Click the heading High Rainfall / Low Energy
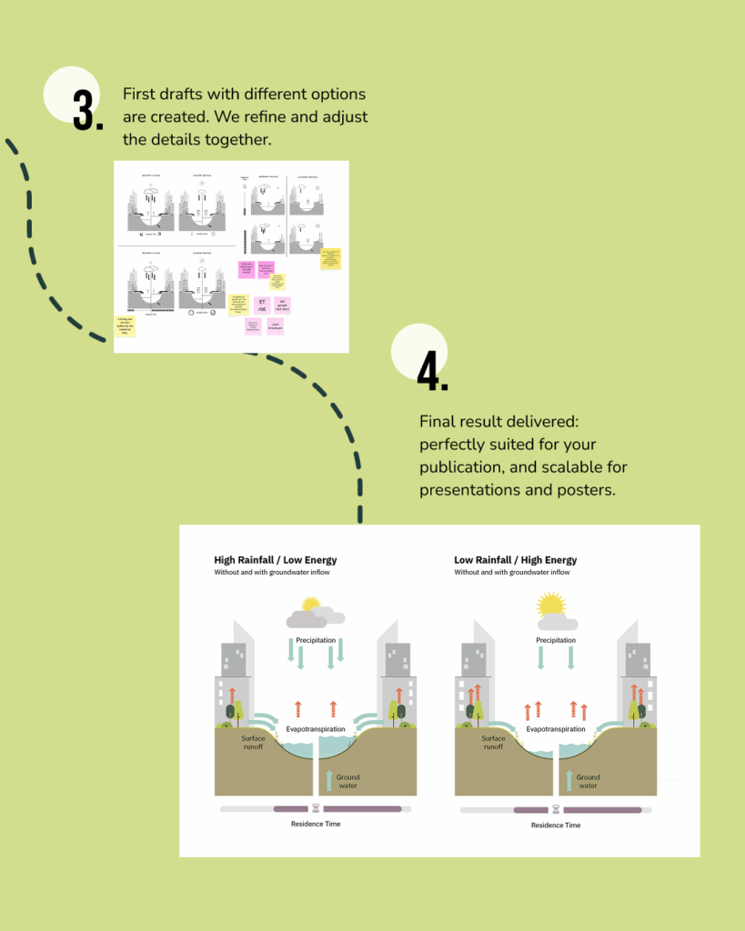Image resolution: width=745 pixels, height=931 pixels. click(275, 560)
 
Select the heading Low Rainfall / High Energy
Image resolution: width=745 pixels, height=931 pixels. click(515, 560)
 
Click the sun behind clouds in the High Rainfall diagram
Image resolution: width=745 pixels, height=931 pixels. click(310, 604)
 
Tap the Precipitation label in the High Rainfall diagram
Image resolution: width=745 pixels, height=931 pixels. click(316, 640)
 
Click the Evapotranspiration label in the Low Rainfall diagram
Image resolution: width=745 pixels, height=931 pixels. click(556, 729)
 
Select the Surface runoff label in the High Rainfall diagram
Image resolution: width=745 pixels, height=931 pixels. click(253, 742)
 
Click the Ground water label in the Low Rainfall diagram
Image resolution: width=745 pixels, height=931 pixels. click(588, 781)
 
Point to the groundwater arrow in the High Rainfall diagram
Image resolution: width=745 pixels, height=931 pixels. click(327, 779)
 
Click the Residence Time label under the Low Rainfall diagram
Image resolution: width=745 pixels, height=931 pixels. click(555, 826)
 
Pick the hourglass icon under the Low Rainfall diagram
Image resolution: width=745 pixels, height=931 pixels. click(556, 809)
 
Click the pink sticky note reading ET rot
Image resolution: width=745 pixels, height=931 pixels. click(262, 305)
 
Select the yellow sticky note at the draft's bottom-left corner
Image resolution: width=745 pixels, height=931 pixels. click(126, 325)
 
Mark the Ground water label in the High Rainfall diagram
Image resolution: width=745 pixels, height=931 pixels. click(347, 781)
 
